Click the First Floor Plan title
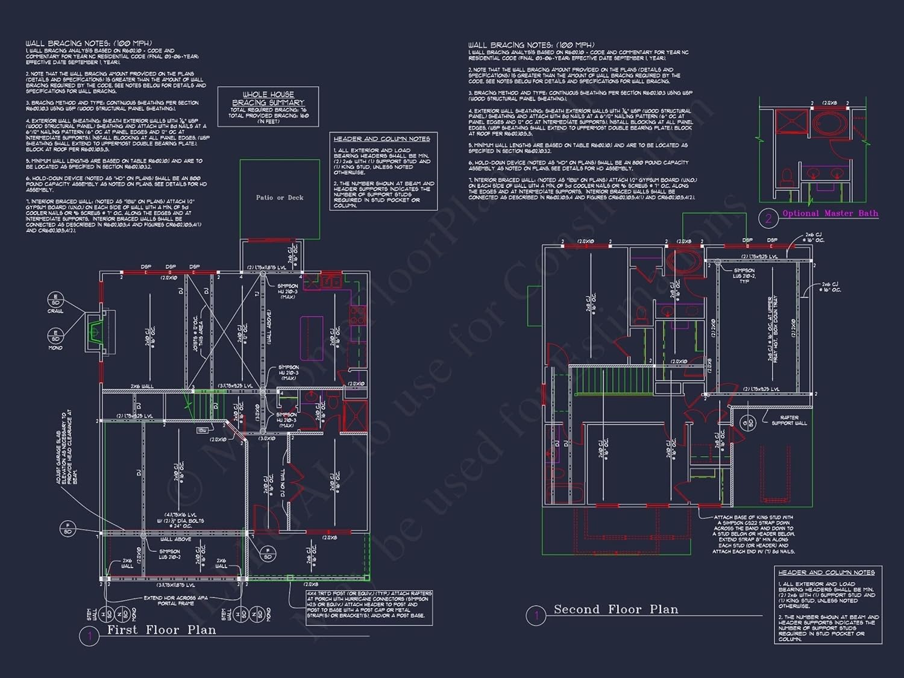[161, 630]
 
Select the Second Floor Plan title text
[615, 609]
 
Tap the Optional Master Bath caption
[829, 213]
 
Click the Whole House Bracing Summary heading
[268, 98]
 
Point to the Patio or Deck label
[280, 198]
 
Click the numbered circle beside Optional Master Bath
[768, 219]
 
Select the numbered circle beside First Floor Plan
[89, 636]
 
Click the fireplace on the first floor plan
[95, 331]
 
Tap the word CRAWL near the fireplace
[55, 311]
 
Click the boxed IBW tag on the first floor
[202, 430]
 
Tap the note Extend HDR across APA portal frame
[176, 600]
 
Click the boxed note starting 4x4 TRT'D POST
[369, 604]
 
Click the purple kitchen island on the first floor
[312, 330]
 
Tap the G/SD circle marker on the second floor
[747, 422]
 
